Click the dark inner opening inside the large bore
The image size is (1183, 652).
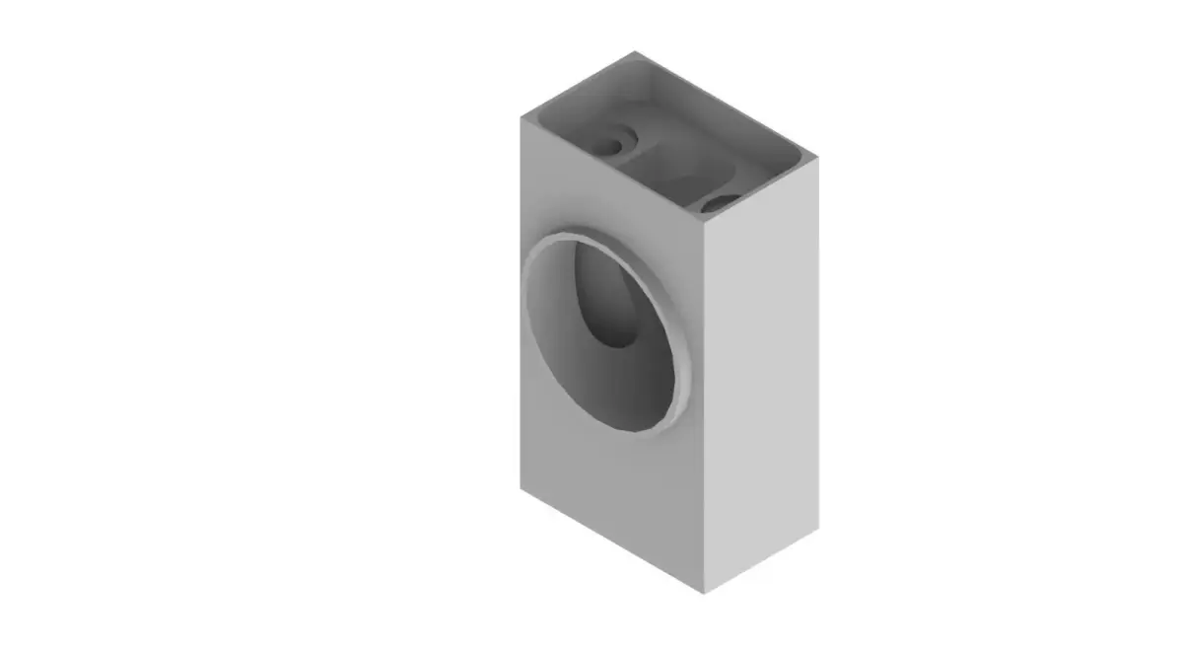615,307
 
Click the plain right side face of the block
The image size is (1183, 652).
761,375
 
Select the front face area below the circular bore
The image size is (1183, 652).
611,493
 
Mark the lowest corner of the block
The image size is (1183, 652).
705,593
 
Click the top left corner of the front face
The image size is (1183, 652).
522,116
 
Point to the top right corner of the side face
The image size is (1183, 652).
817,158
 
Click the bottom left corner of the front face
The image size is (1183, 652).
522,485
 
